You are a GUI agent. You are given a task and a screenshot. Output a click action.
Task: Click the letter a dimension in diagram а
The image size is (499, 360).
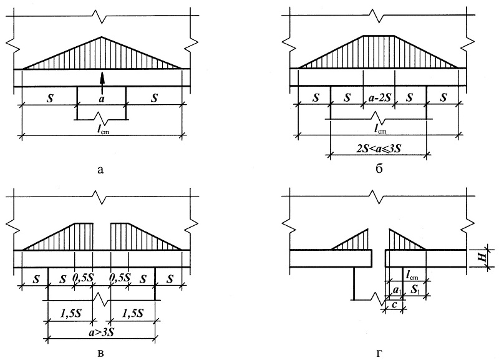[102, 99]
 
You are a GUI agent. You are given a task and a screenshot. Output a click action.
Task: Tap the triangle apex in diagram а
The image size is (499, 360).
[102, 37]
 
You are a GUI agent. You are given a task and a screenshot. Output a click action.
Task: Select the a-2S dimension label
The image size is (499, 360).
[379, 98]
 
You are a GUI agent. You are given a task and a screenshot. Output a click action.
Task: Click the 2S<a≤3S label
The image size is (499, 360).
[379, 148]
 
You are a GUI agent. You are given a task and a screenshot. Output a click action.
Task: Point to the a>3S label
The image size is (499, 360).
[102, 333]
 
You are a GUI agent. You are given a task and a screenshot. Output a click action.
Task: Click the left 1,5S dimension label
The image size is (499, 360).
[70, 314]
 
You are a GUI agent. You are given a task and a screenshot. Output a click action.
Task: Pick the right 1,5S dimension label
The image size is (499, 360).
[132, 314]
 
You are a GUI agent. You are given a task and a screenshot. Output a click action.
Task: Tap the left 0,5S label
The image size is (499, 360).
[84, 278]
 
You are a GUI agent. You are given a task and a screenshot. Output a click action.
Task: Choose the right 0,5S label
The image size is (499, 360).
[120, 278]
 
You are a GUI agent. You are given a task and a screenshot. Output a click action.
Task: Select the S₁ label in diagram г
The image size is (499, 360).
[415, 289]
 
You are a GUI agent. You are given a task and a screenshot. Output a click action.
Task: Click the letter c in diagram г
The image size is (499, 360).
[394, 305]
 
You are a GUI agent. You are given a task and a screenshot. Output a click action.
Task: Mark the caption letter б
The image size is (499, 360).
[379, 168]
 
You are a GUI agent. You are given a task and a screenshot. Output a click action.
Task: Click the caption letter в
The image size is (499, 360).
[100, 353]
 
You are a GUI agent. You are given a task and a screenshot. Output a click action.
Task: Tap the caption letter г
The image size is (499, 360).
[379, 353]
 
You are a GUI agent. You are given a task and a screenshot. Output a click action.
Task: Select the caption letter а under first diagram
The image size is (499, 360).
[100, 170]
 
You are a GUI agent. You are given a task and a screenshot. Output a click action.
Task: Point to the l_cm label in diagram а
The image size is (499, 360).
[102, 130]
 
